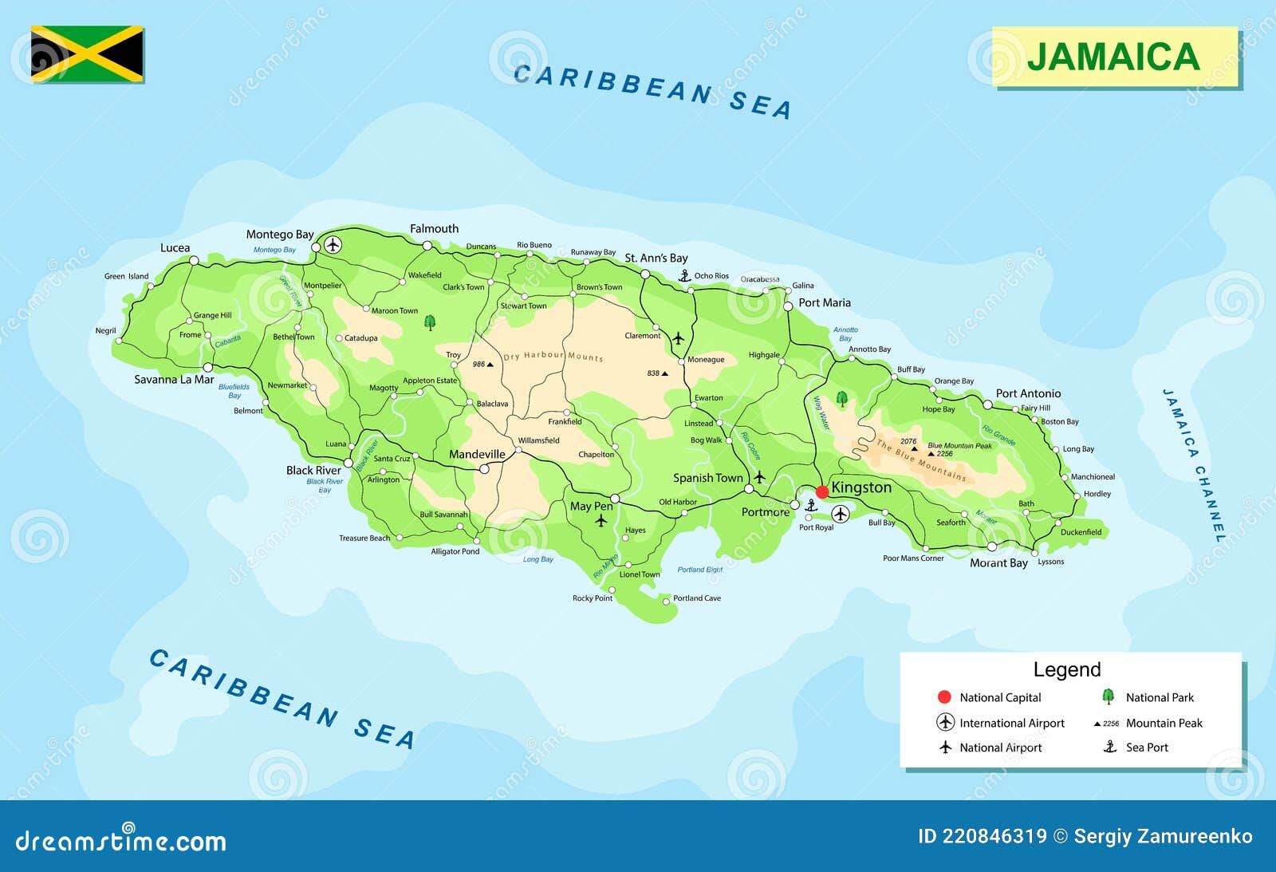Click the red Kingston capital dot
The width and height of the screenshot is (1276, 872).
822,491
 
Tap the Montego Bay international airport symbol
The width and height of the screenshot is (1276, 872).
333,244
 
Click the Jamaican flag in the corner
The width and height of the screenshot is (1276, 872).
88,54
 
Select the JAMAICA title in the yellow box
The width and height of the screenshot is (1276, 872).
1113,57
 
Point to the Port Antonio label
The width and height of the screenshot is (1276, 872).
1028,393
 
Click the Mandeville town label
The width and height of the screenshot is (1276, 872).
477,455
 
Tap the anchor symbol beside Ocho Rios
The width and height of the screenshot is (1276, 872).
684,275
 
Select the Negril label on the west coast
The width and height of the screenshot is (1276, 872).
105,331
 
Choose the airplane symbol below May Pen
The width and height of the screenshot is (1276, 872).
601,521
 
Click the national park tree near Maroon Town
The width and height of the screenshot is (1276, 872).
430,322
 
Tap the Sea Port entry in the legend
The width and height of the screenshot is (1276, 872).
1146,748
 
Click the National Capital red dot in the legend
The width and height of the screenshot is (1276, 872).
945,697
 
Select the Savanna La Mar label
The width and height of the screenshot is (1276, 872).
173,380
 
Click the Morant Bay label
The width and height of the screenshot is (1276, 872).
998,563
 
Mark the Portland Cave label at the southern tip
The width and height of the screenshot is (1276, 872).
696,598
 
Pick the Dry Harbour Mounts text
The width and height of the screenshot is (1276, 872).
553,356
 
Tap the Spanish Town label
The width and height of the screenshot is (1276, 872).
707,478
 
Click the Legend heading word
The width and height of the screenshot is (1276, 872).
1066,670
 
